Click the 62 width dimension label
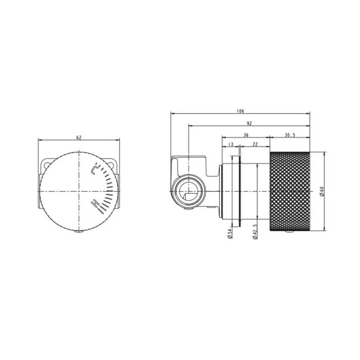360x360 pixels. click(79, 137)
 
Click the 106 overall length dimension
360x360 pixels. click(240, 111)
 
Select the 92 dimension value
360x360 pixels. click(249, 122)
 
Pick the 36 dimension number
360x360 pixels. click(245, 134)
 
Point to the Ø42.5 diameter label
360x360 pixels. click(254, 230)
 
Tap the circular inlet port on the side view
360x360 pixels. click(189, 192)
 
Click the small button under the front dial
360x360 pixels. click(79, 232)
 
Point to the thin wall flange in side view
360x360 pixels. click(225, 191)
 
